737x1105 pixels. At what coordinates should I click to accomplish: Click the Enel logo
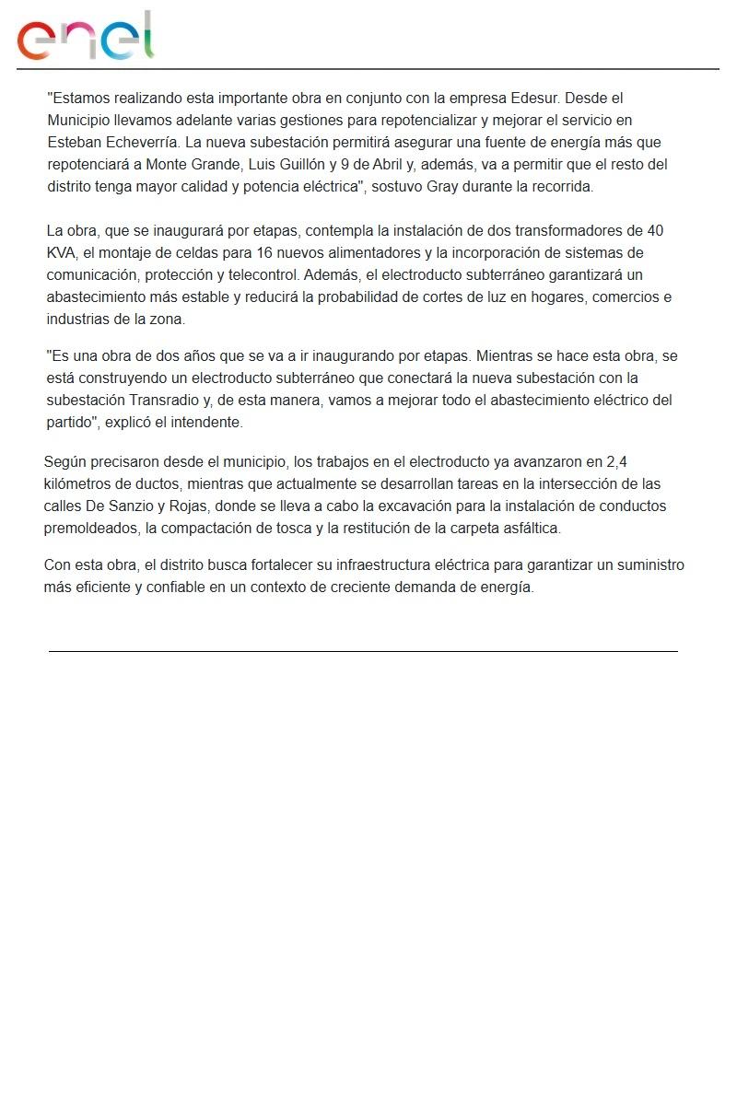coord(85,36)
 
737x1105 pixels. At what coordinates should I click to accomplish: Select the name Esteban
coord(74,143)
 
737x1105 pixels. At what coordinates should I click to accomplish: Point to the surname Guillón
coord(296,165)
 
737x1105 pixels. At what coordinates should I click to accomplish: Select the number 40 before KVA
coord(654,230)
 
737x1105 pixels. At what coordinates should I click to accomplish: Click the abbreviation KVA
coord(62,252)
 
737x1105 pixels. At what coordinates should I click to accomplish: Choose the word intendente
coord(209,423)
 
